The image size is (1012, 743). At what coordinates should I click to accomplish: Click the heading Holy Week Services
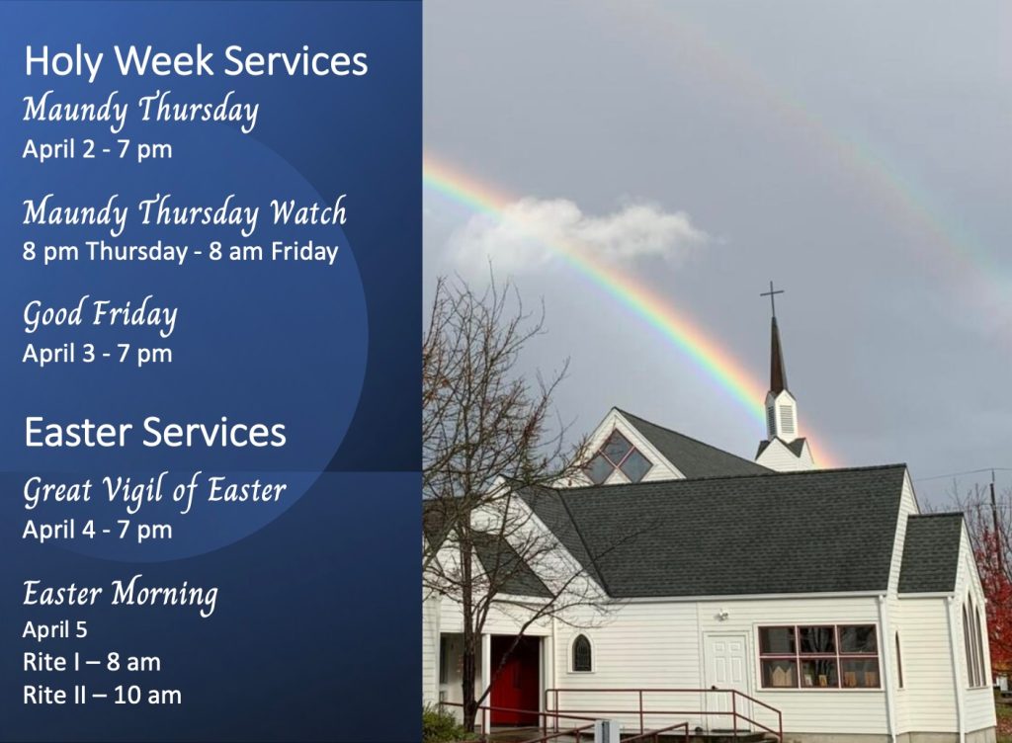coord(196,62)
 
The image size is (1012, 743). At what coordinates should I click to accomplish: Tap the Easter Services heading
coord(155,432)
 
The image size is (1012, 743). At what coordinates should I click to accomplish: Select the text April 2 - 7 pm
coord(98,149)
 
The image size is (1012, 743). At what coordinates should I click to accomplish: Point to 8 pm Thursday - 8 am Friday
coord(180,251)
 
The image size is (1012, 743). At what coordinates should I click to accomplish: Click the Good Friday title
coord(100,315)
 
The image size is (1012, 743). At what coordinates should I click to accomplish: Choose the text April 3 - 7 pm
coord(98,354)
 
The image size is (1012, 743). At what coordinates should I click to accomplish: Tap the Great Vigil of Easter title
coord(155,491)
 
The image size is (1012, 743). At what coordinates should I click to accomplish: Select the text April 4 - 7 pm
coord(98,531)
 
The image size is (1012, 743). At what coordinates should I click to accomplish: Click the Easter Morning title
coord(121,595)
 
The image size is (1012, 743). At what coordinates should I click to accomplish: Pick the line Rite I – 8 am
coord(92,662)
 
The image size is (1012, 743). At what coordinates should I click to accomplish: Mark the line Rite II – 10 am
coord(102,696)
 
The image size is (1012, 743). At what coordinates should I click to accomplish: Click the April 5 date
coord(55,629)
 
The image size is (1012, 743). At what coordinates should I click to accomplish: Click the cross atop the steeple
coord(772,298)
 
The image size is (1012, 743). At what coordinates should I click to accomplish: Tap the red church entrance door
coord(515,680)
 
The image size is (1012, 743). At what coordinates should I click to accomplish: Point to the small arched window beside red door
coord(581,653)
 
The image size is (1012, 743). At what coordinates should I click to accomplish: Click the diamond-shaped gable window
coord(617,457)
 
